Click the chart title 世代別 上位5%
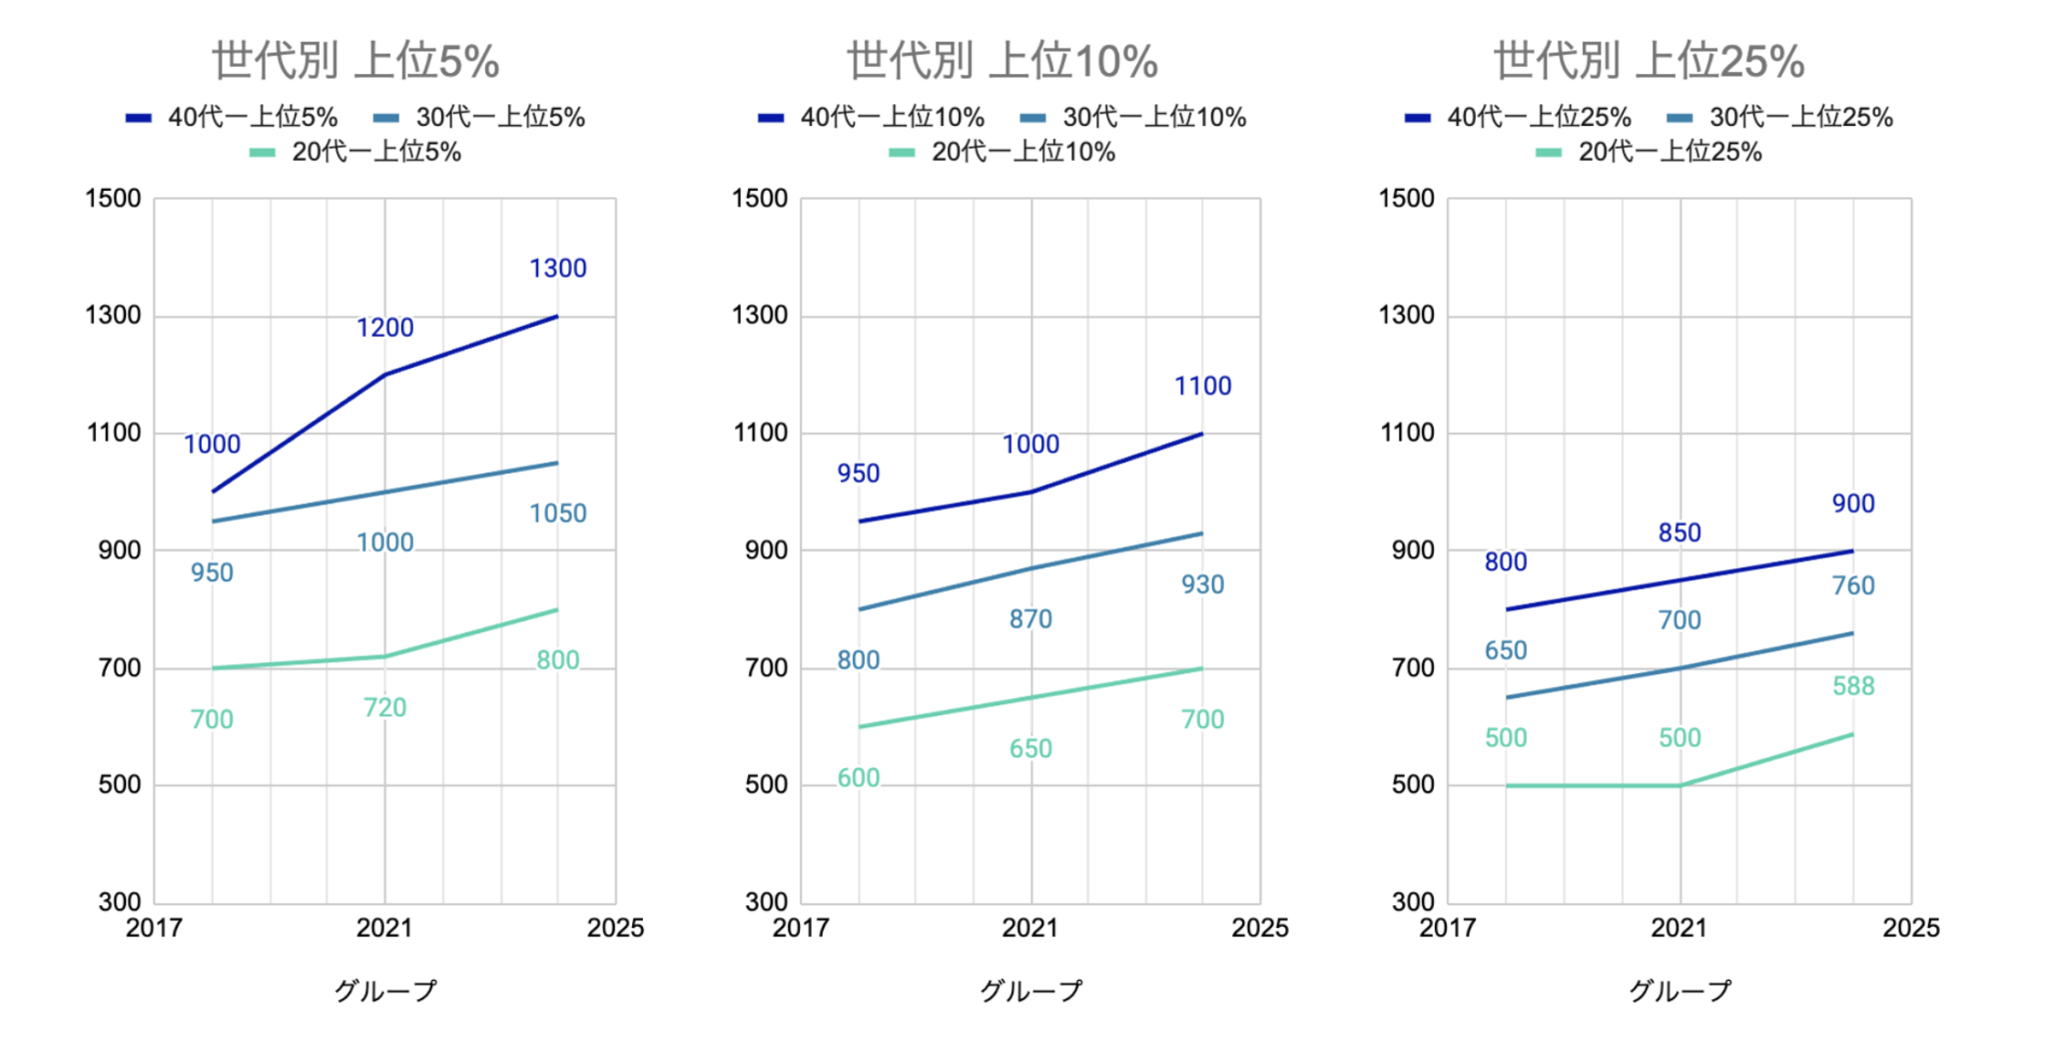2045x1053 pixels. (x=355, y=61)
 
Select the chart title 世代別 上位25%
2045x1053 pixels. (x=1649, y=61)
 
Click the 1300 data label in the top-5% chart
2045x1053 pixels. (x=557, y=269)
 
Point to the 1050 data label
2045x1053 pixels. (x=557, y=514)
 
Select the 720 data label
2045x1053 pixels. (x=384, y=708)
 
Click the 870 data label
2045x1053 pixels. (x=1029, y=619)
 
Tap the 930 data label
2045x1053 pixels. (x=1202, y=585)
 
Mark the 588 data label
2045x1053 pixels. (x=1853, y=686)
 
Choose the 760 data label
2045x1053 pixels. (x=1853, y=586)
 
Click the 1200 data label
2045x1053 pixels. (x=384, y=328)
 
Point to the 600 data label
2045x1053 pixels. (x=858, y=778)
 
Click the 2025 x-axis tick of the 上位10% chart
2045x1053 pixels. (x=1259, y=928)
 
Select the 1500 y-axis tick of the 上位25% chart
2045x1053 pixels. (x=1406, y=199)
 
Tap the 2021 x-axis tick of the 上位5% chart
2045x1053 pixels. (x=384, y=928)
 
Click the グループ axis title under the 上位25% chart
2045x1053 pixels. (x=1680, y=991)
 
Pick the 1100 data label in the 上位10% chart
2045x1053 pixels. (x=1202, y=387)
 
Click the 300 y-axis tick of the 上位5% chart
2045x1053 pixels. (x=120, y=902)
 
